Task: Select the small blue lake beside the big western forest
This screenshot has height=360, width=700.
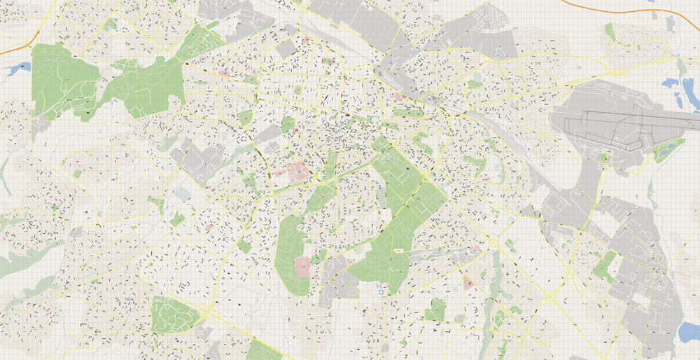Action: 18,69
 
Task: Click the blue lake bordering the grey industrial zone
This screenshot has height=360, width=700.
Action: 689,332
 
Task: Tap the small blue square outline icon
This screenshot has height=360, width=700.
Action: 381,292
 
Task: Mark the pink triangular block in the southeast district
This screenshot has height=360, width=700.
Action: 468,282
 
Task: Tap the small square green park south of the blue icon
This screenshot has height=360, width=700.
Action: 435,309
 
